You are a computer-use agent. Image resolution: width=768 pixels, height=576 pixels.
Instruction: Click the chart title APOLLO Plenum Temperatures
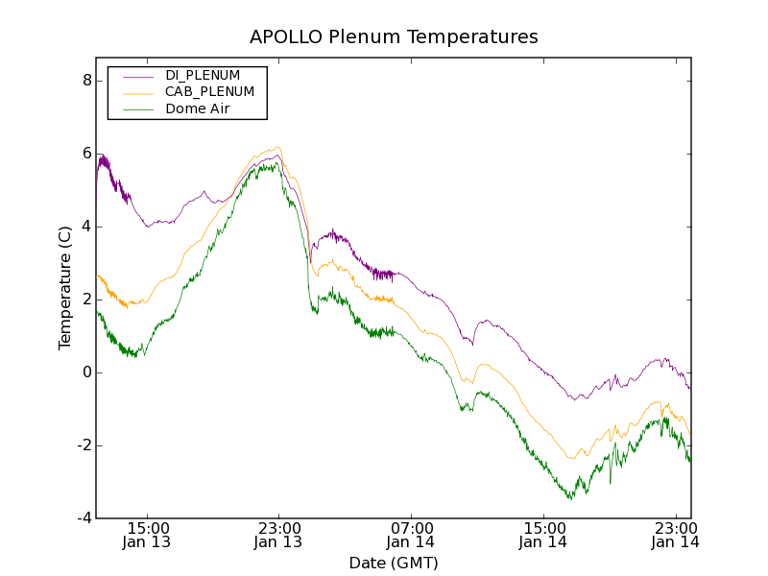[x=394, y=37]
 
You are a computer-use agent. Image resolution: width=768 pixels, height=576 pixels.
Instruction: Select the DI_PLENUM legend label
[x=203, y=75]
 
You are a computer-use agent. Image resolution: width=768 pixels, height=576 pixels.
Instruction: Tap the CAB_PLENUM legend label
[x=209, y=92]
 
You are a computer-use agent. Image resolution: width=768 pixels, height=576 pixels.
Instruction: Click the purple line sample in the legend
[x=137, y=75]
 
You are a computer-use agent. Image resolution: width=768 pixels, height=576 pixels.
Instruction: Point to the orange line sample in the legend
[x=137, y=92]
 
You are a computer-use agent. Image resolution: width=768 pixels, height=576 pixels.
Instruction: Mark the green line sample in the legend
[x=137, y=109]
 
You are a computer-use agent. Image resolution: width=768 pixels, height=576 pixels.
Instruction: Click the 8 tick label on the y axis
[x=86, y=81]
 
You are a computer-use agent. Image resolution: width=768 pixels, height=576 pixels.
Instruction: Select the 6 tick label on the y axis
[x=86, y=154]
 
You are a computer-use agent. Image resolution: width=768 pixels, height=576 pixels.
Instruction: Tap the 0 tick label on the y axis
[x=86, y=372]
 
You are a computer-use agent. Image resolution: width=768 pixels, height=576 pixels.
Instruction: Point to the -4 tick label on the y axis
[x=84, y=518]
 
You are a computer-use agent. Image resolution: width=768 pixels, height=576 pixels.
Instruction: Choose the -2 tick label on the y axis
[x=84, y=445]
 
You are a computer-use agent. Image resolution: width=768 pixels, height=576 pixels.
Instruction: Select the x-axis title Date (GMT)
[x=394, y=563]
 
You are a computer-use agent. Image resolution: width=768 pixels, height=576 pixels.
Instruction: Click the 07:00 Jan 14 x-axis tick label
[x=411, y=535]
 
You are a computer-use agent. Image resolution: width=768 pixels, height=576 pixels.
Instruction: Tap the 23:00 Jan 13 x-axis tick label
[x=278, y=535]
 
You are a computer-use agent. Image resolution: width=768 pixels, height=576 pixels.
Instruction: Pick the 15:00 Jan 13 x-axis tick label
[x=146, y=535]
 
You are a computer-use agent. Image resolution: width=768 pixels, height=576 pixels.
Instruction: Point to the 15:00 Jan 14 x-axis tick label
[x=543, y=535]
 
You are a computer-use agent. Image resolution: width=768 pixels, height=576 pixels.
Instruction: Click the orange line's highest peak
[x=278, y=147]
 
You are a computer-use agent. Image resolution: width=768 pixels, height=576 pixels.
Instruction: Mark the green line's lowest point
[x=570, y=498]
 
